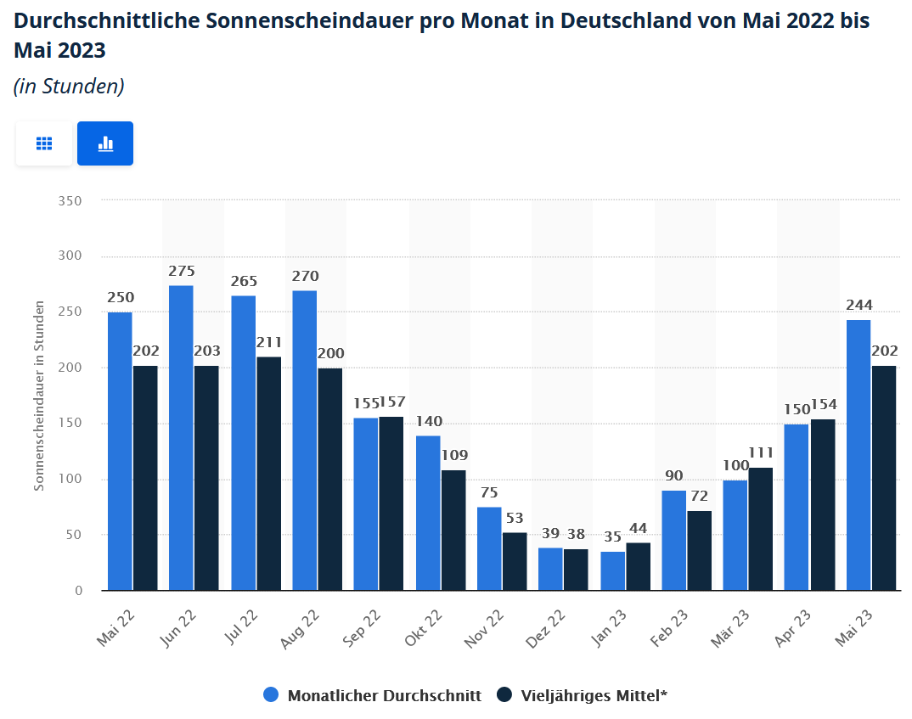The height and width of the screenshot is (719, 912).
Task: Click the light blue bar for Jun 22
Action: pyautogui.click(x=181, y=437)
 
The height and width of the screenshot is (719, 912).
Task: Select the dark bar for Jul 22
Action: pyautogui.click(x=268, y=473)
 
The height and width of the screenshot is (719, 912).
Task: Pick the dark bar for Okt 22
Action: pyautogui.click(x=453, y=530)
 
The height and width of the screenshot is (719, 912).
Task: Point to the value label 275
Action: pyautogui.click(x=181, y=272)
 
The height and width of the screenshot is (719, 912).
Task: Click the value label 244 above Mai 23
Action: pyautogui.click(x=859, y=306)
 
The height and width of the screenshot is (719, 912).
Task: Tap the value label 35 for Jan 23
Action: pyautogui.click(x=612, y=537)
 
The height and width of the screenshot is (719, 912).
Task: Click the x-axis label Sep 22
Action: pyautogui.click(x=362, y=628)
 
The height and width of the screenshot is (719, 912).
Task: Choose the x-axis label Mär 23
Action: pyautogui.click(x=731, y=628)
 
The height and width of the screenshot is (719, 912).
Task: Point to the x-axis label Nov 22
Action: pyautogui.click(x=485, y=629)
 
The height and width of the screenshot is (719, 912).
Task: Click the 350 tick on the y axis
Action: pyautogui.click(x=70, y=201)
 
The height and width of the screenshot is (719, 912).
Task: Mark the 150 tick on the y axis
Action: pyautogui.click(x=70, y=424)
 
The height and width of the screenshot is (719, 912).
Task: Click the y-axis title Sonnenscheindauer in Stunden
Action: pyautogui.click(x=39, y=396)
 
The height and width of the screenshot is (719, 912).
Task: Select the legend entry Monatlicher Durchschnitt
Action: pyautogui.click(x=373, y=695)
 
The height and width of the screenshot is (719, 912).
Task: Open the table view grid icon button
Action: pyautogui.click(x=44, y=143)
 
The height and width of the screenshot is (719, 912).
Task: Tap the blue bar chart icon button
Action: pyautogui.click(x=105, y=143)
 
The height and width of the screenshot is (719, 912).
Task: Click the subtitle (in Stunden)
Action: pyautogui.click(x=70, y=86)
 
